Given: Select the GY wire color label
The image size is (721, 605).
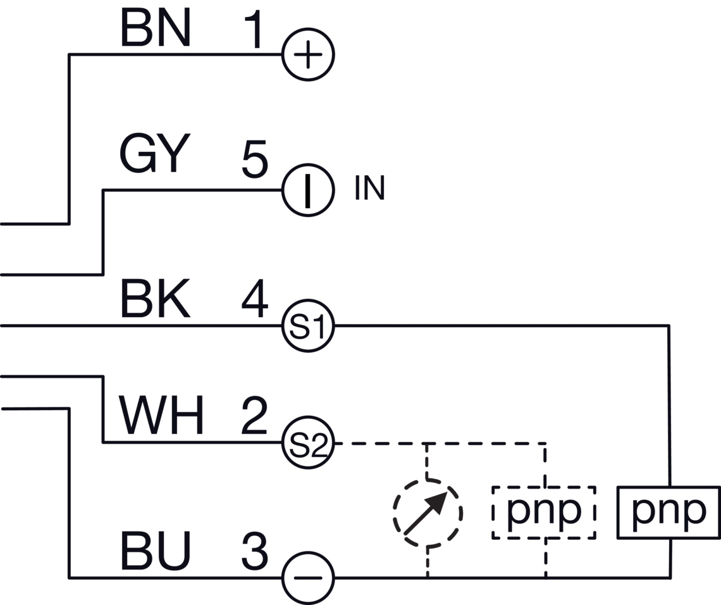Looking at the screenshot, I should pos(154,155).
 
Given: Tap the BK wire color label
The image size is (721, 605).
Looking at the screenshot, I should pos(155,301).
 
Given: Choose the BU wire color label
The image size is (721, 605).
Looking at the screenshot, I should pos(155,551).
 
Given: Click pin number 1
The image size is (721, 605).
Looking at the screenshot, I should pos(255,30).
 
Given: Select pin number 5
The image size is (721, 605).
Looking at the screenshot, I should pos(255,159).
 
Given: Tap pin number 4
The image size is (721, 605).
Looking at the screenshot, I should pos(255,301).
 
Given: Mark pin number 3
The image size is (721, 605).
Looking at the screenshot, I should pos(255,551).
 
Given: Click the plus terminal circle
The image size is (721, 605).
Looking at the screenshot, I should pos(307,55).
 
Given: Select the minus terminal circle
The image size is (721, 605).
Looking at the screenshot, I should pos(307,578).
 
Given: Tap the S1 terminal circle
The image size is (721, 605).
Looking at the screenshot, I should pos(307,327).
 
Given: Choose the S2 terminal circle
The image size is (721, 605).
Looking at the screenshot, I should pos(307,444).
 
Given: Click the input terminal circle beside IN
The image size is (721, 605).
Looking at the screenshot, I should pos(307,190).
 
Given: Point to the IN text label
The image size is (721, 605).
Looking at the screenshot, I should pos(369,189).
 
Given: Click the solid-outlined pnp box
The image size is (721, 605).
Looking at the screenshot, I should pos(669,512).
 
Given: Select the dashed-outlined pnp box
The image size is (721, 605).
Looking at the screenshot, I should pos(544,512).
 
